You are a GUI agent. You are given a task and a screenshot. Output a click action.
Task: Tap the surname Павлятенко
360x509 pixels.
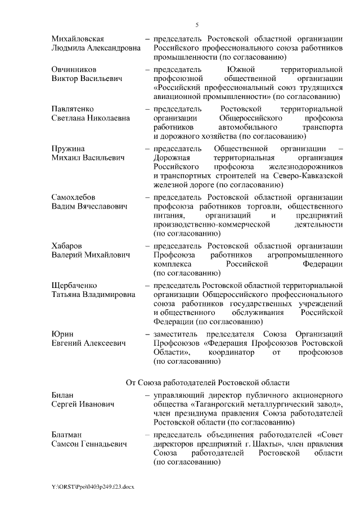(x=73, y=108)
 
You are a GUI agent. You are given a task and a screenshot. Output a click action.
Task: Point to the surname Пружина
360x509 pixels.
(x=67, y=148)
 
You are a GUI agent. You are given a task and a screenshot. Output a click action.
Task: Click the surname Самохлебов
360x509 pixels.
(x=74, y=197)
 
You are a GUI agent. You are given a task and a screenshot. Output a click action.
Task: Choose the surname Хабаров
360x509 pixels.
(x=67, y=246)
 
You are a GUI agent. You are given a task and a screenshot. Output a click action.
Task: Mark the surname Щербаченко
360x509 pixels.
(x=76, y=285)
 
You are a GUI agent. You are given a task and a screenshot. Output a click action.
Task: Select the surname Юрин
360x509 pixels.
(x=62, y=334)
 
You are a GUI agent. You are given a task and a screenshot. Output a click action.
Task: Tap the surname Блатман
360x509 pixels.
(x=66, y=435)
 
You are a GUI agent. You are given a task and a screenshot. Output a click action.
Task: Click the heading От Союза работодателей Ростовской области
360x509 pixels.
(x=208, y=382)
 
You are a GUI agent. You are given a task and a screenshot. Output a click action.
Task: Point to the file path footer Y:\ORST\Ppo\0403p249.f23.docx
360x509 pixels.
(x=96, y=485)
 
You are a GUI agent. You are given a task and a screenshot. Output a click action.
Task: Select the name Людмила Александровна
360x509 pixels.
(x=96, y=48)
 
